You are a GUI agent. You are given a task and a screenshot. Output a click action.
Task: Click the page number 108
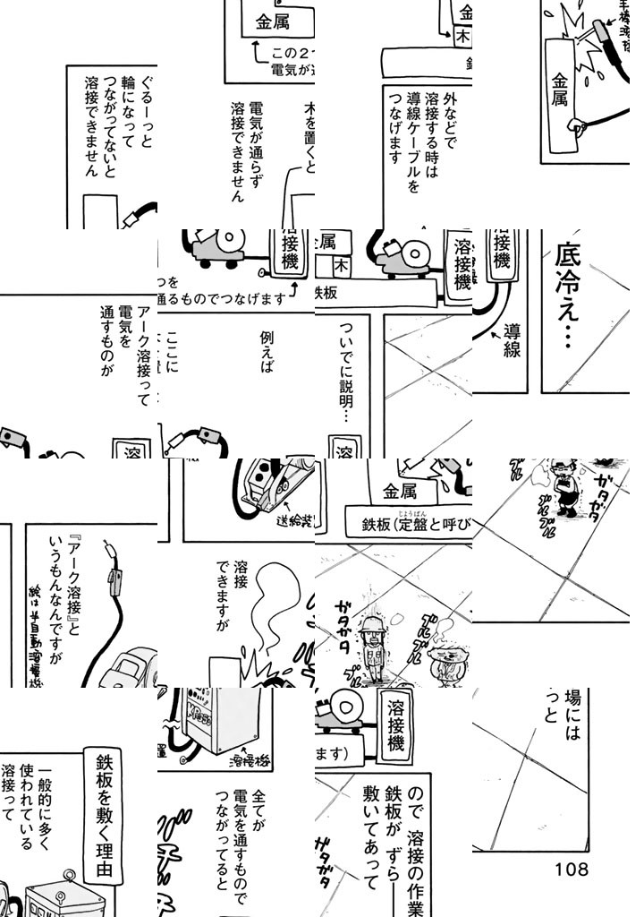(571, 868)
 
